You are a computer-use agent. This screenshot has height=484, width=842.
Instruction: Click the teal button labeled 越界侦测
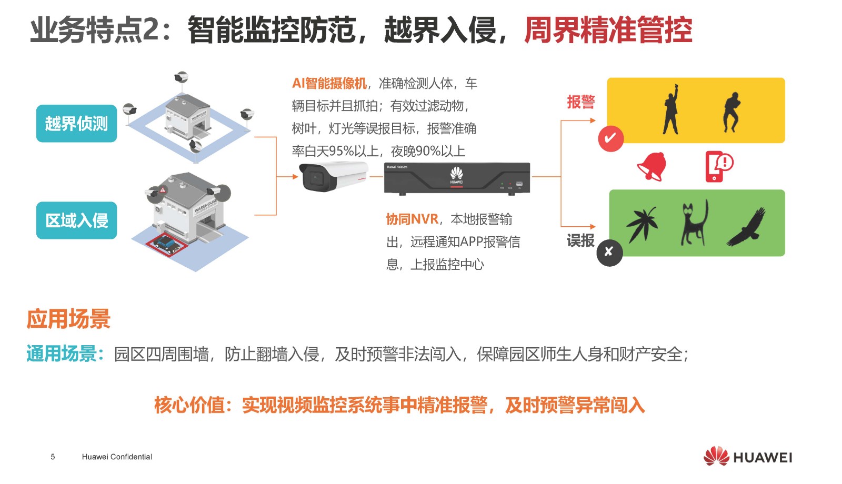pos(77,123)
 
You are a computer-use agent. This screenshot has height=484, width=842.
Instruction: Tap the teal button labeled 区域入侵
pos(77,220)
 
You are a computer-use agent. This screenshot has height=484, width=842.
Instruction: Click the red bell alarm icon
pos(652,166)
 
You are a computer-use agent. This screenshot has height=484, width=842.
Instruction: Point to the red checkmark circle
pos(611,139)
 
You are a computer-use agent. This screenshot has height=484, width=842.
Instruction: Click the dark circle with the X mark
pos(609,253)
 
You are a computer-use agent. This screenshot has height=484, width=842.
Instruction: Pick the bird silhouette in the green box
pos(747,227)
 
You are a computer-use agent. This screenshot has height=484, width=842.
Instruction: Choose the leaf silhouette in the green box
pos(642,224)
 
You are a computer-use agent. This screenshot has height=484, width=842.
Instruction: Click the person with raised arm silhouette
pos(671,109)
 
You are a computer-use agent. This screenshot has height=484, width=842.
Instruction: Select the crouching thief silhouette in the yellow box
pos(731,112)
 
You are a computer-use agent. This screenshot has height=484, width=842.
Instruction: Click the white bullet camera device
pos(334,176)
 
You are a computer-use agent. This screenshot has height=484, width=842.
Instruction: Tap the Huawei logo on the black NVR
pos(457,176)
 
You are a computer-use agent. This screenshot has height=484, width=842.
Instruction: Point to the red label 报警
pos(581,102)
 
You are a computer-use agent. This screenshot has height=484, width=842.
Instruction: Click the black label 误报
pos(581,240)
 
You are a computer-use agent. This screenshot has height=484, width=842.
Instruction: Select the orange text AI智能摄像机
pos(329,84)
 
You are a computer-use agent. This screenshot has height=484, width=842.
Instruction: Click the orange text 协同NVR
pos(413,219)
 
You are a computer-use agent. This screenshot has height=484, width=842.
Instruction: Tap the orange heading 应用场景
pos(68,319)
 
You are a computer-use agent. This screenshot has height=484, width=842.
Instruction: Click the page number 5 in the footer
pos(53,457)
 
